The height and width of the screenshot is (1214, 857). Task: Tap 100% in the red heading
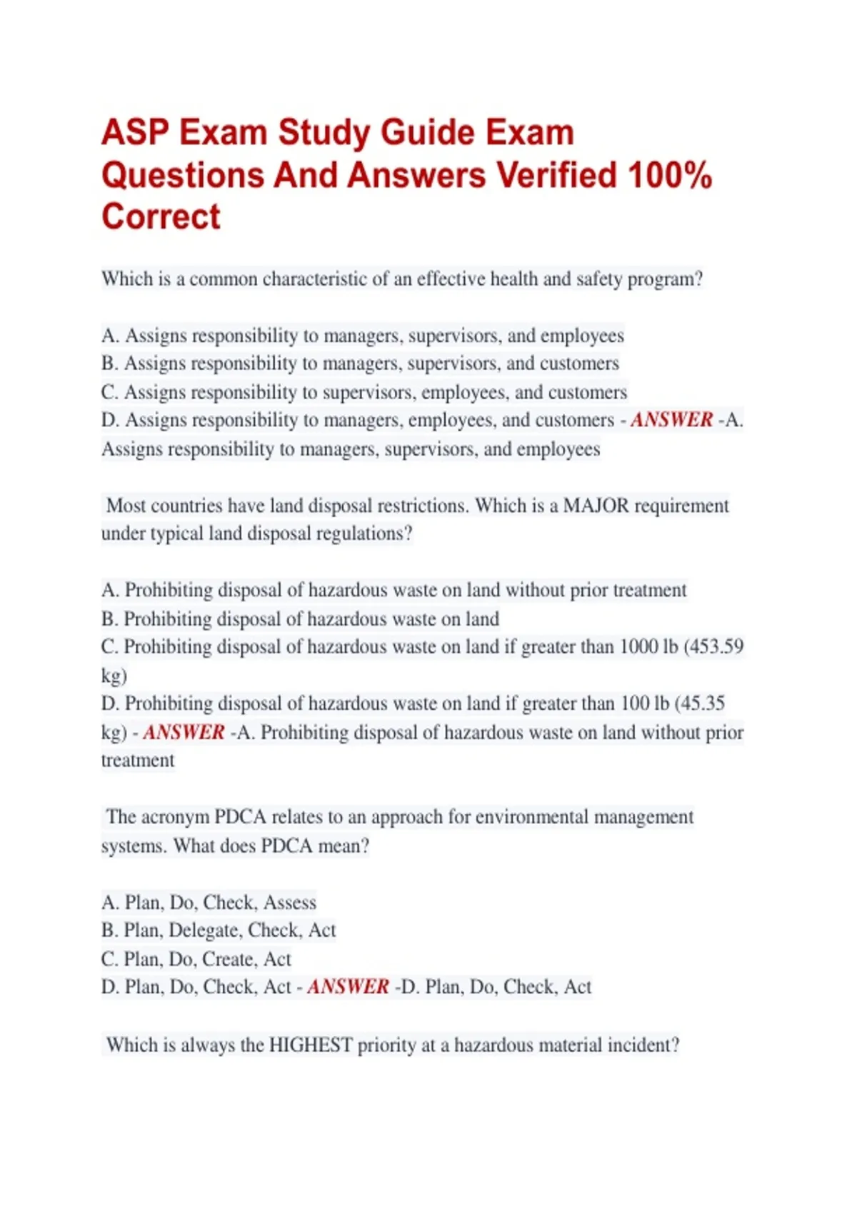click(x=670, y=175)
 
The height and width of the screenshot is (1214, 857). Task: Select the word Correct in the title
click(x=161, y=216)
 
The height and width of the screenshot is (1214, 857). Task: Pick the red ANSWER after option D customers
click(x=671, y=420)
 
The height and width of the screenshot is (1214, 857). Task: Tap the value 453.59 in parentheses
click(x=716, y=646)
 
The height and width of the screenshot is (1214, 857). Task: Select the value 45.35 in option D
click(x=703, y=703)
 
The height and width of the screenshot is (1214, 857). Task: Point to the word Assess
click(x=290, y=903)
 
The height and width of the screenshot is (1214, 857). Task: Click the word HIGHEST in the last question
click(x=310, y=1045)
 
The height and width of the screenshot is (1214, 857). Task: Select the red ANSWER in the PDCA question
click(x=348, y=987)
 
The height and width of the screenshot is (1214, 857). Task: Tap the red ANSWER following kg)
click(x=184, y=732)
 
